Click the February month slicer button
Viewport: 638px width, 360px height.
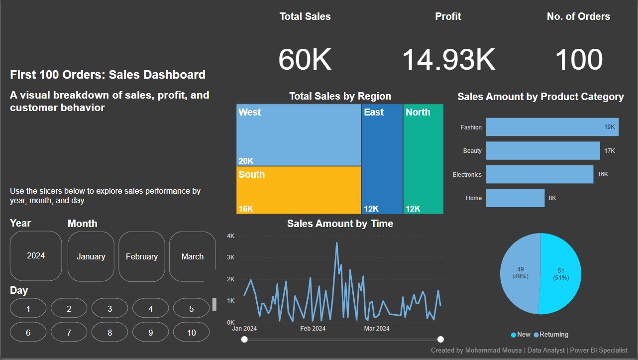click(141, 256)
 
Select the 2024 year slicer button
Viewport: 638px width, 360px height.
click(36, 255)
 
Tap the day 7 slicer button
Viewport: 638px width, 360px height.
click(69, 333)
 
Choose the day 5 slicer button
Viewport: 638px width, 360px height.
click(192, 309)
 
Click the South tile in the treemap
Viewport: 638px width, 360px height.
click(298, 190)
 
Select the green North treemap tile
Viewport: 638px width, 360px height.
click(423, 159)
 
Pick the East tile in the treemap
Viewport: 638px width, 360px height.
click(382, 159)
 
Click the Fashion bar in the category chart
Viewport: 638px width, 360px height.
click(552, 127)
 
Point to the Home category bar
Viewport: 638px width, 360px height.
click(515, 198)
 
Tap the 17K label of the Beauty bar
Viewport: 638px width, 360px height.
click(610, 150)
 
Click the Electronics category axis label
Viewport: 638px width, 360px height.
click(467, 175)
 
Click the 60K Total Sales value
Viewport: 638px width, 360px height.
click(305, 60)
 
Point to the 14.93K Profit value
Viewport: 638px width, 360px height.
click(448, 60)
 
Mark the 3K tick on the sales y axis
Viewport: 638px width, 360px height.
click(230, 257)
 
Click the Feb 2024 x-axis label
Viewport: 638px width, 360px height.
click(313, 329)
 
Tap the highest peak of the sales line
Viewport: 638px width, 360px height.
click(337, 243)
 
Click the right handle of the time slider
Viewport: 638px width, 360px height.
click(440, 339)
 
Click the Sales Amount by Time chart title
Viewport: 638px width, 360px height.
click(340, 224)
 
